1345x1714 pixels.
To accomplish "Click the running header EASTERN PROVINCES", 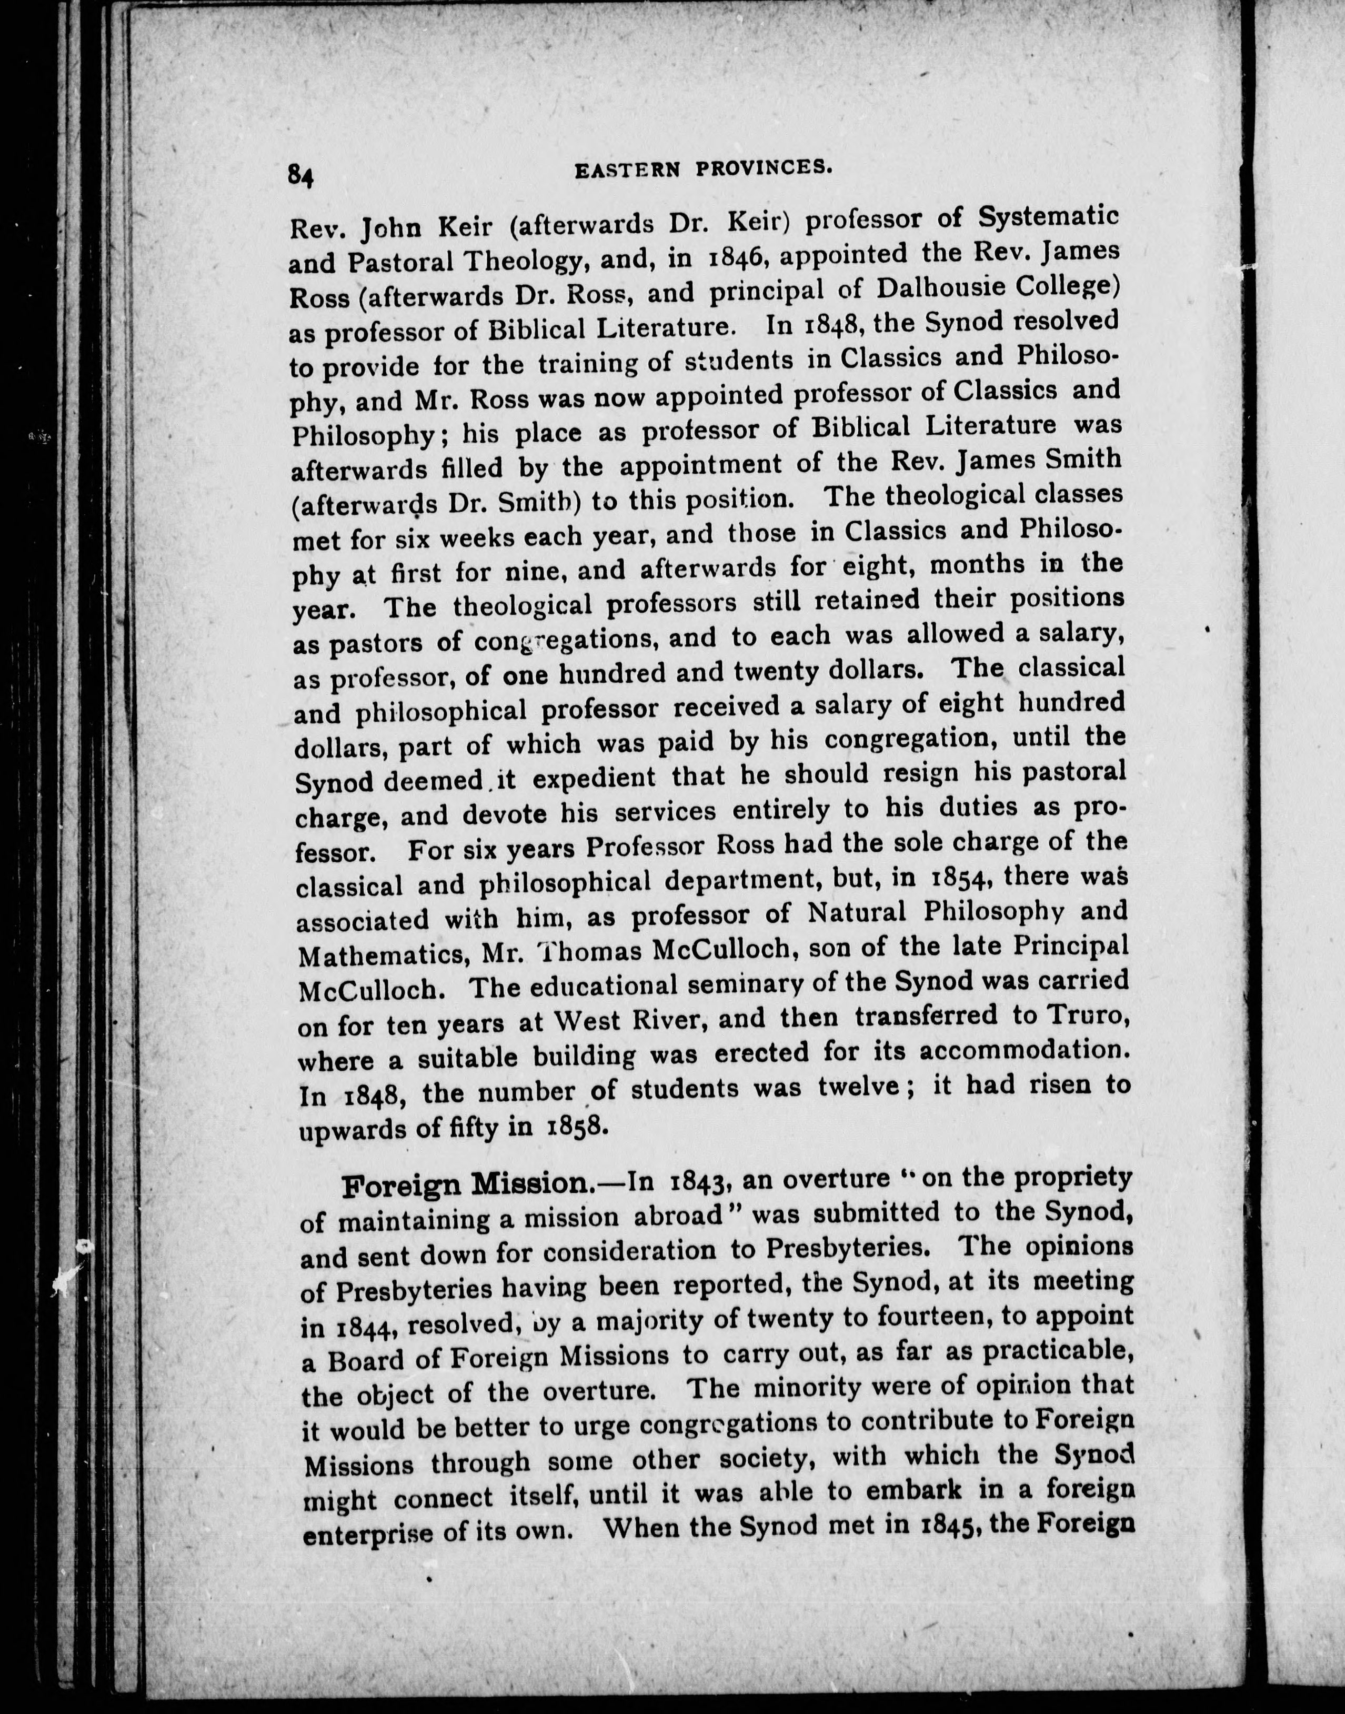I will [x=704, y=168].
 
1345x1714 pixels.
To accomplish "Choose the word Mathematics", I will [x=378, y=955].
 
